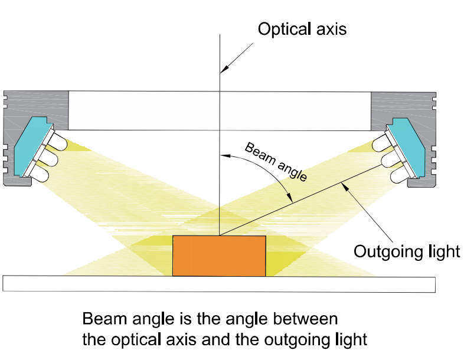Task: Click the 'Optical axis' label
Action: point(302,30)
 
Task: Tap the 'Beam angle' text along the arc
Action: point(276,162)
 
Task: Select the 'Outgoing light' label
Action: point(407,251)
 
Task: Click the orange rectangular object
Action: point(219,256)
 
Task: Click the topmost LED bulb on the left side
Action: point(59,142)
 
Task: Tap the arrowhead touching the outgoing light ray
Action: point(344,186)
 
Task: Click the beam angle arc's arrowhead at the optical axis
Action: point(226,155)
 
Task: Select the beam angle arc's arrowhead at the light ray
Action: point(290,197)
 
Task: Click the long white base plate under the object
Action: point(219,284)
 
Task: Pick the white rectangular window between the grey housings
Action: point(220,110)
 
